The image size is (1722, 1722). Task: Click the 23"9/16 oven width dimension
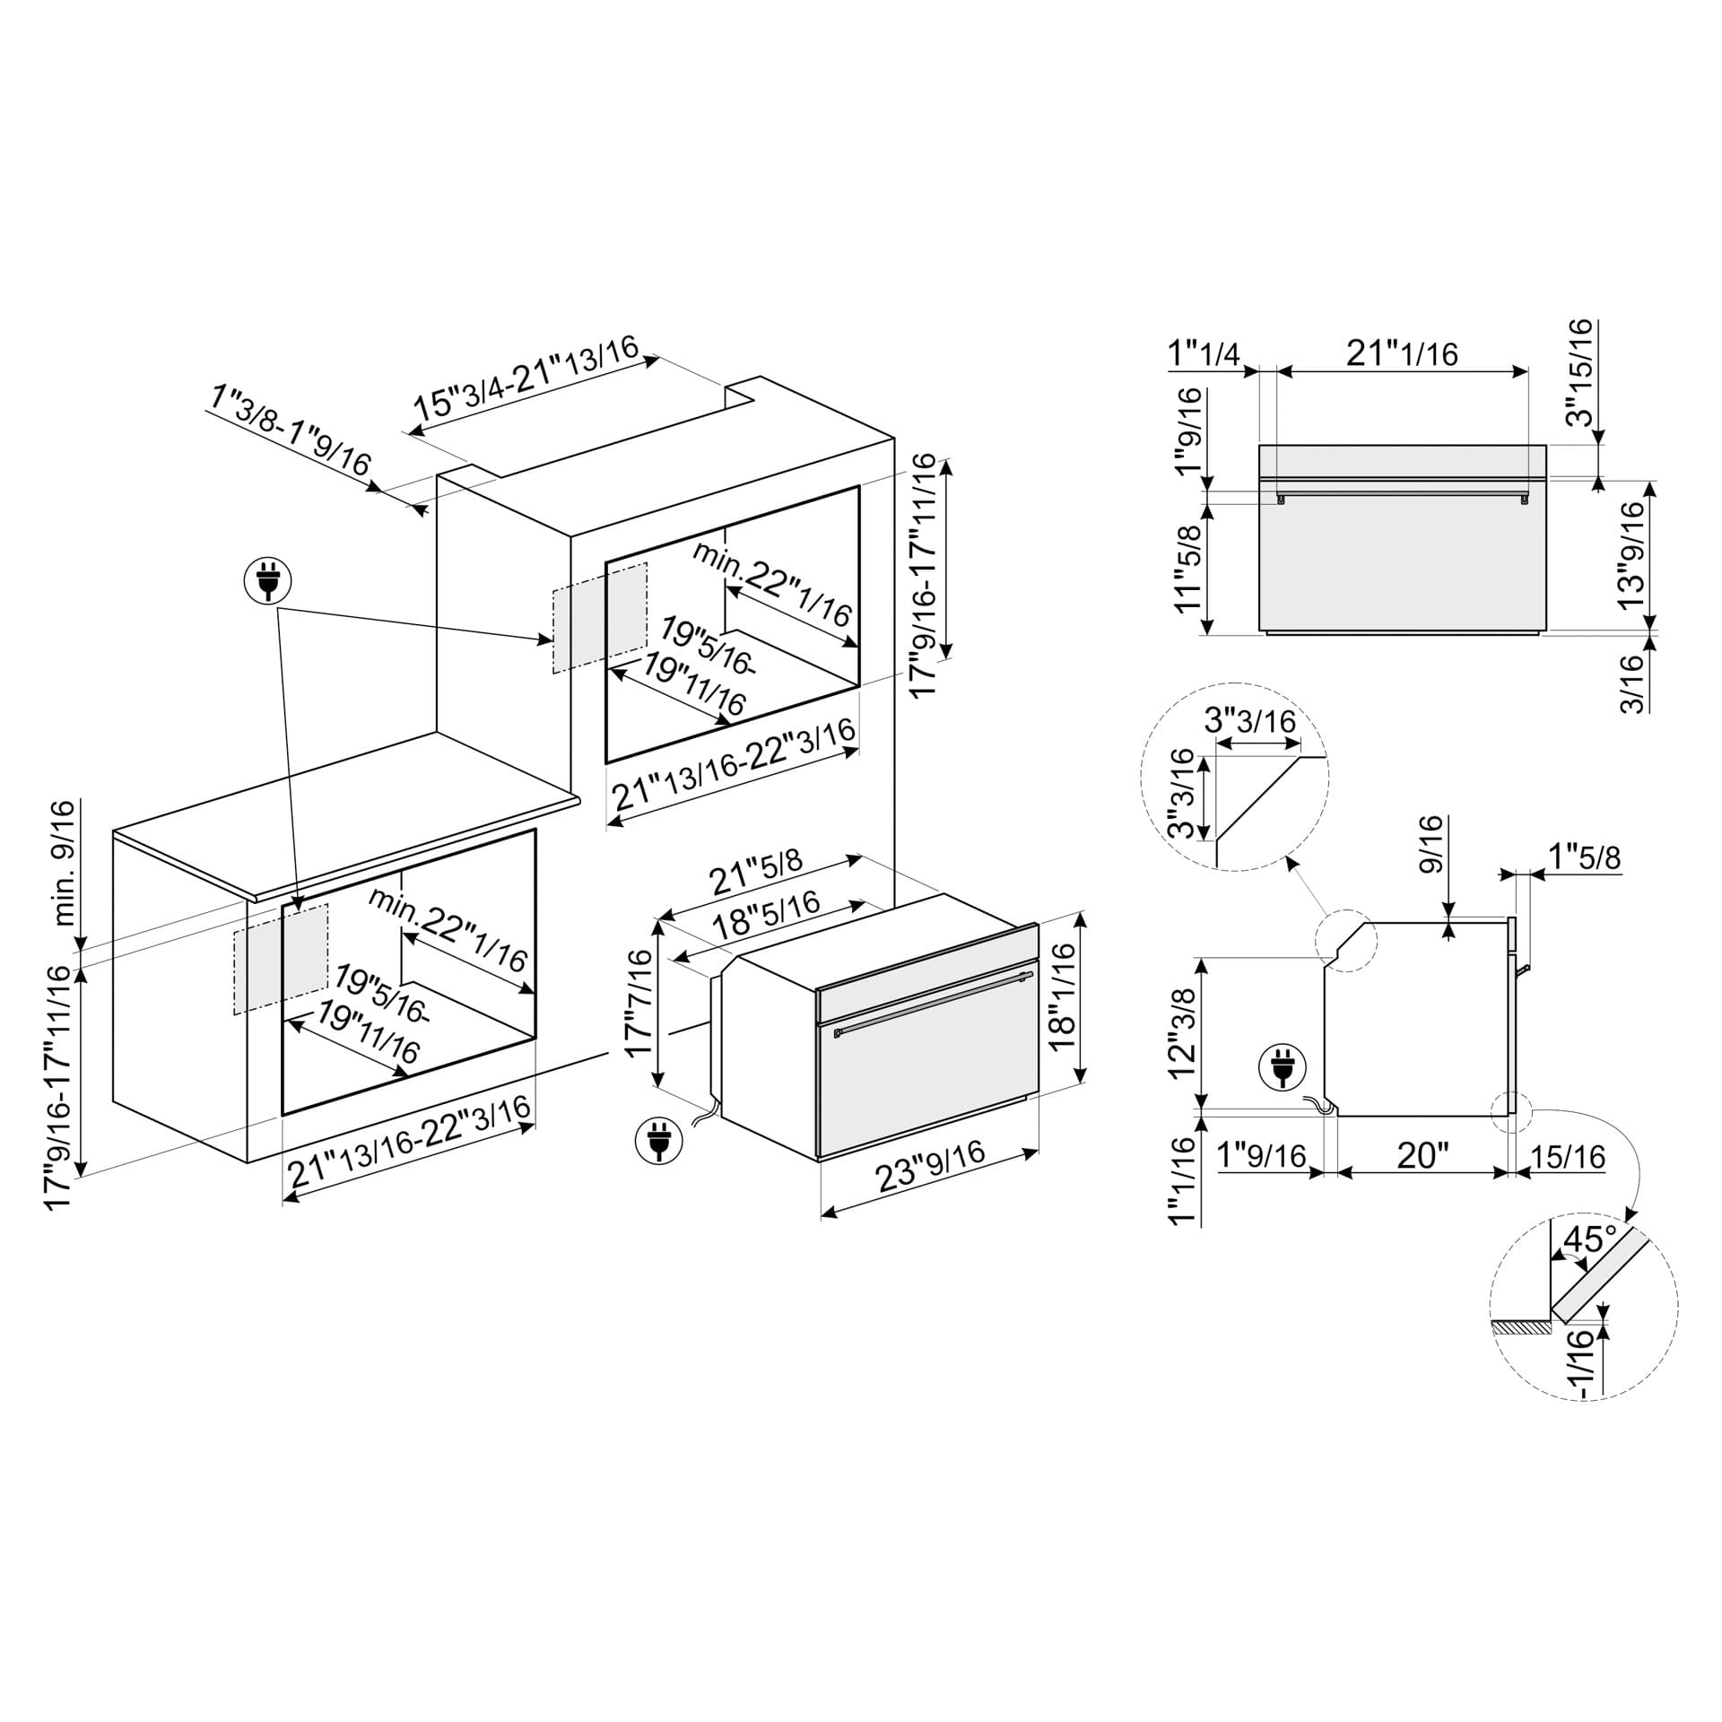click(931, 1166)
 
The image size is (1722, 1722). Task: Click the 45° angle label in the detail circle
click(1588, 1240)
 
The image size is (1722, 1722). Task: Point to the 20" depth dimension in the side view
click(1422, 1155)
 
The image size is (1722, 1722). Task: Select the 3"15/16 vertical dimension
click(1580, 372)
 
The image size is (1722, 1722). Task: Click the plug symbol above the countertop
click(268, 581)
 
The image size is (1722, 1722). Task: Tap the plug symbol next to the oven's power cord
click(658, 1142)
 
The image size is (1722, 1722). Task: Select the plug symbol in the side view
click(1283, 1068)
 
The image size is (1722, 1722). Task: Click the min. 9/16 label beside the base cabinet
click(65, 863)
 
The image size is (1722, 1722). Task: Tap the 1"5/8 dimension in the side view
click(1585, 858)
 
